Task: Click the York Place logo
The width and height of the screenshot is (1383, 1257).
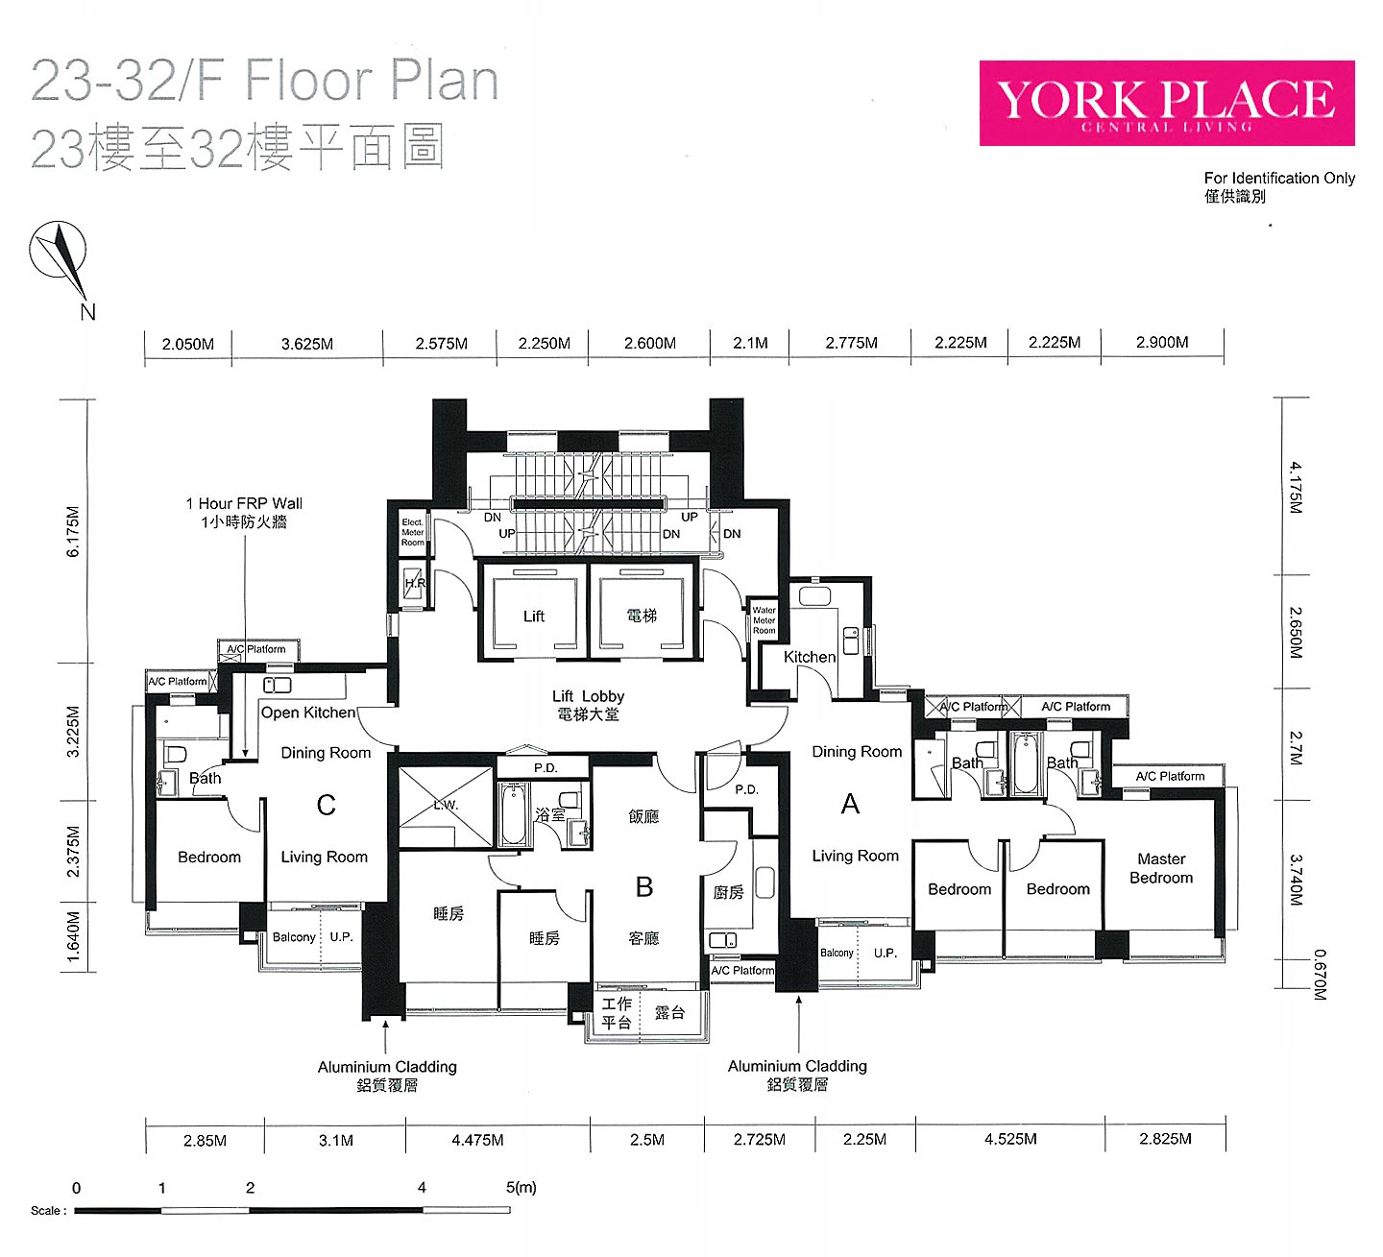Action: [1167, 103]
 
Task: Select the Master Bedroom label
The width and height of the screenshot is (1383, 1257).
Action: [1161, 868]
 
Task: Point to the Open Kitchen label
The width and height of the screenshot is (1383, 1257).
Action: [308, 713]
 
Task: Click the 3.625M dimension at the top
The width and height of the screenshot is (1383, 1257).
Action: [306, 344]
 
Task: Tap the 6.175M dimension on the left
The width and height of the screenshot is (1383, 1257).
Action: [73, 531]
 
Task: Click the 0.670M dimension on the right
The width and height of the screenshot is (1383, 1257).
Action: [1319, 975]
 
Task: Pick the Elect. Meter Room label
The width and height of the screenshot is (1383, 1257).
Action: [412, 532]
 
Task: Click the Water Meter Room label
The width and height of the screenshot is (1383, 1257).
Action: [764, 620]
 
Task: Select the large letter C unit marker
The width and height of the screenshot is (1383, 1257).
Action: [327, 806]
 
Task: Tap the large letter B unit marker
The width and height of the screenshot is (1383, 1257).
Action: [643, 886]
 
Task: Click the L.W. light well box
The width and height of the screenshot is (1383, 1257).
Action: [446, 807]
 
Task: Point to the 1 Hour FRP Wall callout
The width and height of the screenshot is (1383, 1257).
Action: [244, 513]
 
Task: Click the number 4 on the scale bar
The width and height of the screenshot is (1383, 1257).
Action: [422, 1187]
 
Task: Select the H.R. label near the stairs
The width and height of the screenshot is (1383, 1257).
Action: [415, 583]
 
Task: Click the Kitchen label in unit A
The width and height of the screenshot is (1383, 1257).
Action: [810, 657]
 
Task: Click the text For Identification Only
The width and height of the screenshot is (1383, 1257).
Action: [1279, 178]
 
